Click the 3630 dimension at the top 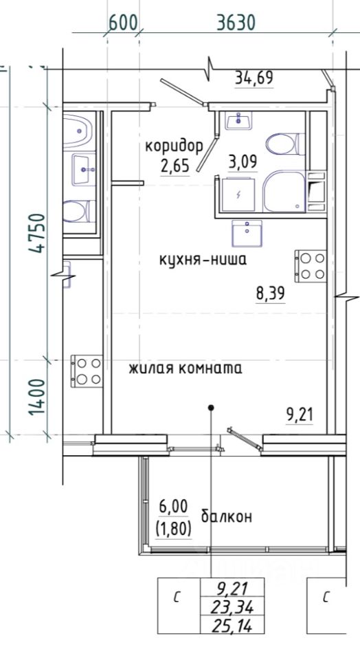click(x=236, y=22)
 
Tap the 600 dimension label click(x=123, y=22)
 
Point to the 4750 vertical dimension click(x=37, y=233)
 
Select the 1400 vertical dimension click(x=37, y=397)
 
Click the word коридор click(x=174, y=146)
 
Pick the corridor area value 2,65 click(x=175, y=166)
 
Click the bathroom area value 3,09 click(x=243, y=161)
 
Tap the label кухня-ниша click(x=203, y=260)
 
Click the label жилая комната click(x=185, y=368)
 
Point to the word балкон click(x=226, y=516)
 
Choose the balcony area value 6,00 click(x=173, y=507)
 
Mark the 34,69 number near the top click(x=254, y=78)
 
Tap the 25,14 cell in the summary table click(x=233, y=626)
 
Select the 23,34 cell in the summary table click(x=233, y=607)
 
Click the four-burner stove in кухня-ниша click(x=311, y=266)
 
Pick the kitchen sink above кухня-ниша click(x=247, y=233)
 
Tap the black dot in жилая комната click(x=211, y=408)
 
